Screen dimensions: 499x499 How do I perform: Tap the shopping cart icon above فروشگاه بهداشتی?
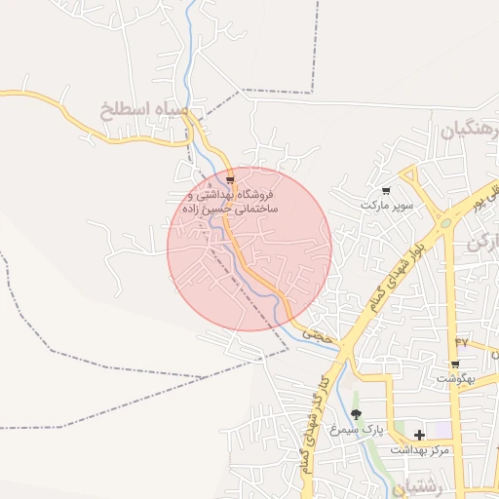230,180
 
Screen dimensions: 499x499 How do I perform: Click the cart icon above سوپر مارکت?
387,191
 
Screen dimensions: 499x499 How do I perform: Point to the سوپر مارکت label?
387,206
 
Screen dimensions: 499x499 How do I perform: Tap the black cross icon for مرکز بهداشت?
419,435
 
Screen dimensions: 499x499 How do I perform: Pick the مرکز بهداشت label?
420,450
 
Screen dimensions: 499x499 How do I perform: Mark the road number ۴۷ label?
461,342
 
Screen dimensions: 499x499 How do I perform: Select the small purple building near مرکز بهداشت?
438,429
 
